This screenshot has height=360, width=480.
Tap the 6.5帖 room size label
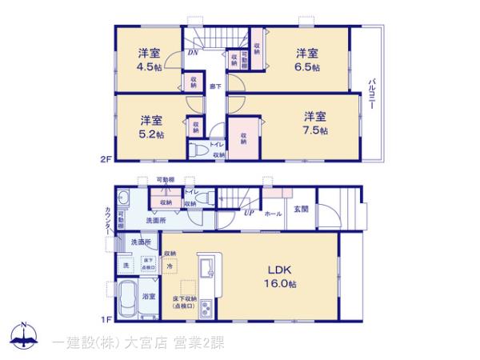[309, 68]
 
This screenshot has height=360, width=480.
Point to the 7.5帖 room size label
[314, 130]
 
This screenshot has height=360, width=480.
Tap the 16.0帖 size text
[282, 284]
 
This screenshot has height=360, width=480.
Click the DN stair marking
[193, 54]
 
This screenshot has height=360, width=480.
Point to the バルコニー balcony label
[373, 94]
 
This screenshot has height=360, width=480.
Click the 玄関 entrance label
[301, 210]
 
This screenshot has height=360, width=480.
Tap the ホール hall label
[272, 214]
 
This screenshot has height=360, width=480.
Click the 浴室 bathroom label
[149, 296]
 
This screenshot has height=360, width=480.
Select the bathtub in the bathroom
[127, 301]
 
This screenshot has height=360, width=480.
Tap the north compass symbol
[24, 337]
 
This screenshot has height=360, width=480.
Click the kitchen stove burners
[206, 307]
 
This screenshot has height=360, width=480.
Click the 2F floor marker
[106, 159]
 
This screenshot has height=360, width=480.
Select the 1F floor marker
[106, 319]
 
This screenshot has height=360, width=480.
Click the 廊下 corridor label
[216, 85]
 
